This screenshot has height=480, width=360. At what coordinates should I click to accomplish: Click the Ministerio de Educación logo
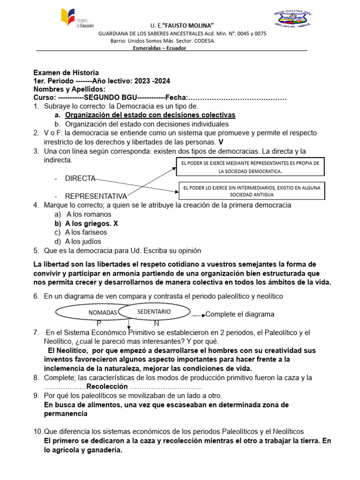(77, 19)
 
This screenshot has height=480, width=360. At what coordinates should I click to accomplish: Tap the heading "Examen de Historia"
(66, 73)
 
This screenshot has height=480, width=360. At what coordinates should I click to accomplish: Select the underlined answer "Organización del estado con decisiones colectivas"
(150, 115)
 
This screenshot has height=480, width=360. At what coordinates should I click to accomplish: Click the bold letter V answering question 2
(221, 142)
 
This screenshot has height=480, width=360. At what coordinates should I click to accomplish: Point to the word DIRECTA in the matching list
(80, 179)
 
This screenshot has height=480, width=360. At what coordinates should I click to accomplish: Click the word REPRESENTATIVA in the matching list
(96, 196)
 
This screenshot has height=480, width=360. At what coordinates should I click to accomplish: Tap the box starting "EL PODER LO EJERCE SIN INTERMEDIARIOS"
(252, 190)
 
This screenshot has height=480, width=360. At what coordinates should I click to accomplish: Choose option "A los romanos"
(82, 214)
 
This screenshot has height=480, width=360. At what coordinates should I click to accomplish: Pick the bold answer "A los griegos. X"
(91, 224)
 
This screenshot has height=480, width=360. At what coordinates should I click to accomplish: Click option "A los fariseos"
(86, 232)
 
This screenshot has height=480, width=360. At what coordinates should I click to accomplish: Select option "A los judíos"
(83, 241)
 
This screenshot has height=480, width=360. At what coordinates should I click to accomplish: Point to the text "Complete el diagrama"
(240, 314)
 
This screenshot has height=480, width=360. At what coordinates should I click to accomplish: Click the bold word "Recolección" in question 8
(107, 387)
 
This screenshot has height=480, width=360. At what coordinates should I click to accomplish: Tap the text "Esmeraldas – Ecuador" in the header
(159, 48)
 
